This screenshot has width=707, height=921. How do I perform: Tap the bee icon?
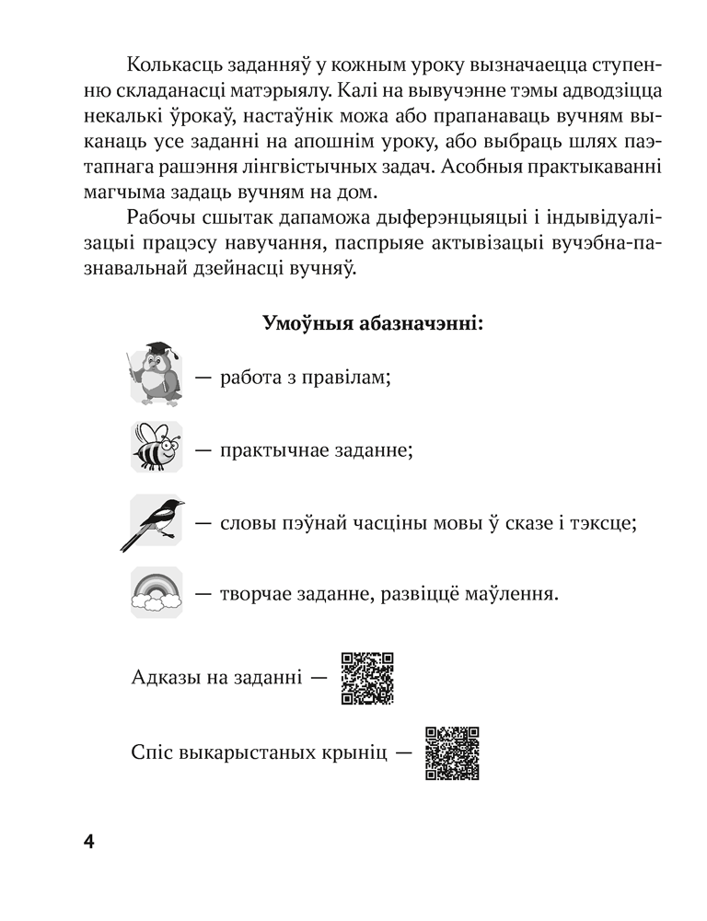[156, 448]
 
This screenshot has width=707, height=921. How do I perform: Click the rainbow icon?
[156, 593]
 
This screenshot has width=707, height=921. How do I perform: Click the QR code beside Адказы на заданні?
[367, 678]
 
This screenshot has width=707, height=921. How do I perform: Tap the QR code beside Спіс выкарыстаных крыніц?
[453, 752]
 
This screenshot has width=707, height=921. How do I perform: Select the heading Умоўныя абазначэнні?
[375, 324]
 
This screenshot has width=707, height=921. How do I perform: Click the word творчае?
[257, 595]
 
